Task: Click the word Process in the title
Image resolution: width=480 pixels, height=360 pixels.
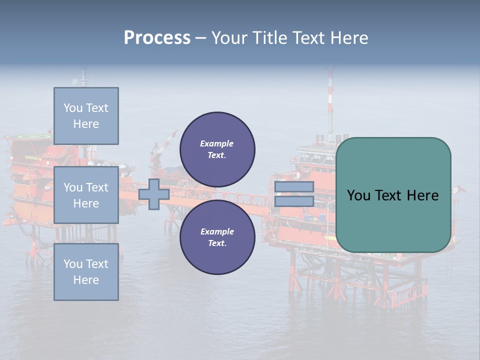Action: point(157,38)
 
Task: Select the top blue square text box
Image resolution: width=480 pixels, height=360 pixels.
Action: point(86,116)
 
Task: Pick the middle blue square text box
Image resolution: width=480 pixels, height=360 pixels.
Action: point(86,195)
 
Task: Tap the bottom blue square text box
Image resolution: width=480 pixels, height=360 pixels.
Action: point(86,271)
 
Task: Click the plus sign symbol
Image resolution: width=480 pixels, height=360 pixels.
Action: point(154,194)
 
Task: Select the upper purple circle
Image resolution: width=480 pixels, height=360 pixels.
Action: point(217,149)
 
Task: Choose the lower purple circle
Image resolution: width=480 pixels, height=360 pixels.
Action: point(217,237)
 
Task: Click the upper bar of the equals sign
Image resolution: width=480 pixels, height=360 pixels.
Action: point(294,186)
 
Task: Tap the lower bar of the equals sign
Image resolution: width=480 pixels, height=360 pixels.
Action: point(294,201)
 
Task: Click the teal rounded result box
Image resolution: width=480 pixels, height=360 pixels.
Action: point(393,195)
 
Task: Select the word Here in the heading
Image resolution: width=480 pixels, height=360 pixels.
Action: point(348,38)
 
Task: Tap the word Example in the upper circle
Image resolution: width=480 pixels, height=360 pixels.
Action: point(216,143)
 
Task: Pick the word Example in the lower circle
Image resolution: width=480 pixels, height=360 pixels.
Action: point(217,231)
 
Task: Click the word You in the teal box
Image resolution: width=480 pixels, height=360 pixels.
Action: point(358,195)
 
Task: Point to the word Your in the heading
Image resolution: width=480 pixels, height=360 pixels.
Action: point(229,38)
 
